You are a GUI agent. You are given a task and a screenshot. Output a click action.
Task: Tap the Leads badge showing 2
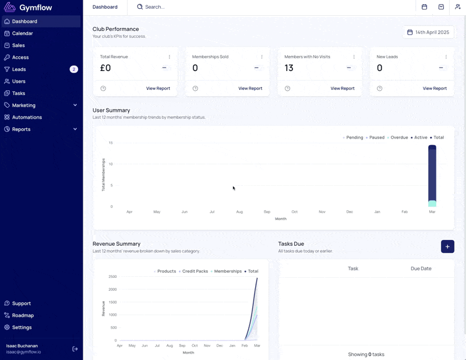click(74, 69)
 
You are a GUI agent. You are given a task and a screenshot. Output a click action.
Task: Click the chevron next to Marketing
click(75, 105)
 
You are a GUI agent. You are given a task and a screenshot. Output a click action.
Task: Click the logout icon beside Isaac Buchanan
click(75, 349)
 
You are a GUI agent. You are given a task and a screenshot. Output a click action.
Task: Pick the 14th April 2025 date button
click(428, 32)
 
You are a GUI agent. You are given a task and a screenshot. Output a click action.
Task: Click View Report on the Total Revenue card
click(158, 89)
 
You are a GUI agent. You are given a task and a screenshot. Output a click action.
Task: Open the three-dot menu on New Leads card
click(446, 57)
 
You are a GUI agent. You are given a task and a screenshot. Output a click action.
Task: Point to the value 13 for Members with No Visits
click(288, 68)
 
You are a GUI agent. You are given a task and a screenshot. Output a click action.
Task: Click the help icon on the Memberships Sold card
click(195, 89)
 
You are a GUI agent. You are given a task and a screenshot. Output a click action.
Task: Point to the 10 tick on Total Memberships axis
click(111, 164)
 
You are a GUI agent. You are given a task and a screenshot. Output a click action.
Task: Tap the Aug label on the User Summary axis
click(239, 211)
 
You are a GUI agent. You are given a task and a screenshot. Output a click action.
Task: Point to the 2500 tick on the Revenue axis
click(112, 277)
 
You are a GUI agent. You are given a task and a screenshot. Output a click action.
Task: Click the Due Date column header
click(421, 269)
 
